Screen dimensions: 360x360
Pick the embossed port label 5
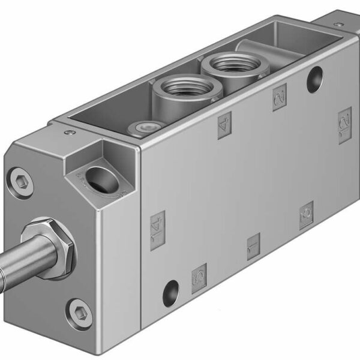pyautogui.click(x=199, y=277)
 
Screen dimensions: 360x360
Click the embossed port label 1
pyautogui.click(x=253, y=245)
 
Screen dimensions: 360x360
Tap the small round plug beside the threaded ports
pyautogui.click(x=142, y=127)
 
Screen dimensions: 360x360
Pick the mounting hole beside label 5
pyautogui.click(x=171, y=293)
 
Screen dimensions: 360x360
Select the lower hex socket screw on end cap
pyautogui.click(x=80, y=311)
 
